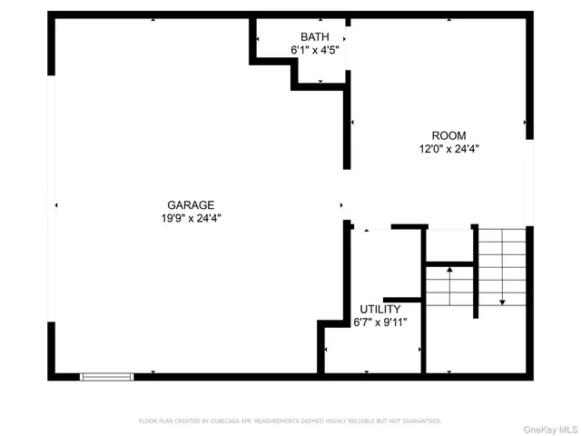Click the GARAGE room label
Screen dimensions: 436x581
click(x=190, y=205)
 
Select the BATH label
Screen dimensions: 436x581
click(x=314, y=37)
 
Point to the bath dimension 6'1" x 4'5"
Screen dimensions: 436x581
click(x=314, y=51)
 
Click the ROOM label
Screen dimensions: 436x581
click(x=448, y=135)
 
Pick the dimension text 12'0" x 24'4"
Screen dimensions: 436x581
click(x=448, y=149)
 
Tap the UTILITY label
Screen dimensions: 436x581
click(x=379, y=309)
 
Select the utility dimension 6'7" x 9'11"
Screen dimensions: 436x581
click(x=379, y=322)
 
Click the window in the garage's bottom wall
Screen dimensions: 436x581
click(x=107, y=375)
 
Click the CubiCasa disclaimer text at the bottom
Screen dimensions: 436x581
click(x=290, y=421)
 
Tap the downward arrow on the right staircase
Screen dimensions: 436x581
click(x=502, y=301)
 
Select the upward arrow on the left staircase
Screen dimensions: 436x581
click(x=448, y=270)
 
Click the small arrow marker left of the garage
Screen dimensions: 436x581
click(x=57, y=206)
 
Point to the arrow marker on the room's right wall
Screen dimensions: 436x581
click(x=525, y=122)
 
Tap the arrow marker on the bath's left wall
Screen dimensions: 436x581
click(x=258, y=39)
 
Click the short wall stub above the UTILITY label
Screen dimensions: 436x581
click(x=402, y=300)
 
